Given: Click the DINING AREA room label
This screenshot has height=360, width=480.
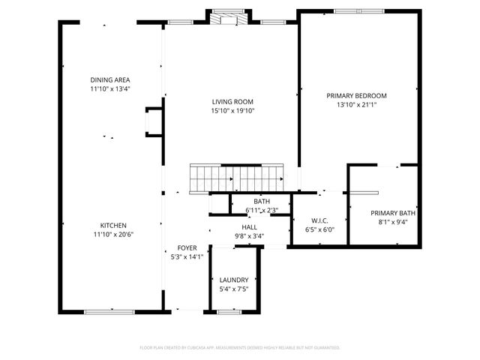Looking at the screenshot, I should pos(110,79).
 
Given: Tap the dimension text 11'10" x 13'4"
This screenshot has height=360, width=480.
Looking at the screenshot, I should pos(110,88).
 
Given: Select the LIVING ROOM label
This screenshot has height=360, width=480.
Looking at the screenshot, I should pos(232,102).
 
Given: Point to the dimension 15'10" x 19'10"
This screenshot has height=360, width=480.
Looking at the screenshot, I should pos(232,111).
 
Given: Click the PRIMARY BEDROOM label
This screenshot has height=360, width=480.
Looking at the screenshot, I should pos(356,96).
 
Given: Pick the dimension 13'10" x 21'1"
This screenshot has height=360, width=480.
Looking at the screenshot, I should pos(356,105).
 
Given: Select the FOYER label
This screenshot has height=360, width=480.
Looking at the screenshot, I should pos(187,247).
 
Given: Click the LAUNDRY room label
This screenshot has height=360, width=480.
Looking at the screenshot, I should pos(234,280).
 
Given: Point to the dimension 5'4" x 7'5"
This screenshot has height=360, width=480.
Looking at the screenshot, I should pos(234,289).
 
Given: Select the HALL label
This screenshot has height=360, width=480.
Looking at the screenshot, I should pos(249,226).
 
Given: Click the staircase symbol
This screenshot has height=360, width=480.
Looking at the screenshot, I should pos(235,178).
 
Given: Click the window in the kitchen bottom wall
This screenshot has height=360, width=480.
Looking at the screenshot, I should pos(109,311).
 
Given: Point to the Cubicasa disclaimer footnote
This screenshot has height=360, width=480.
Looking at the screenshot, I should pos(240,348).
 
